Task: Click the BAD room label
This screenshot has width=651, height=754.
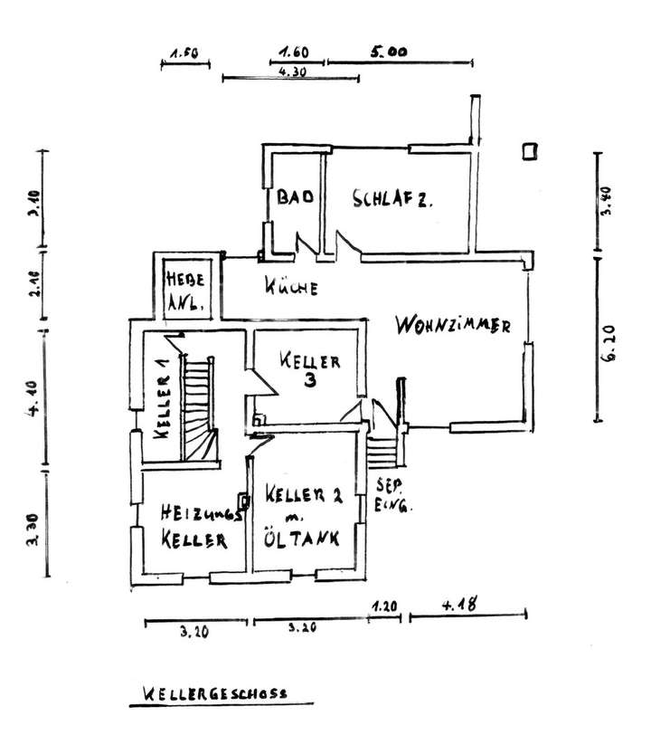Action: point(295,198)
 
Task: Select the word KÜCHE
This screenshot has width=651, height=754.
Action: point(291,289)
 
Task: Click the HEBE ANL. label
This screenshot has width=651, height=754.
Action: point(181,291)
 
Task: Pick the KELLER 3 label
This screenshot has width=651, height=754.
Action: point(309,369)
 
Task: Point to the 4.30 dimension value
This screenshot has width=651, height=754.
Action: point(292,72)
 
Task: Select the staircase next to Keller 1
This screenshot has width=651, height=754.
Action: point(200,407)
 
